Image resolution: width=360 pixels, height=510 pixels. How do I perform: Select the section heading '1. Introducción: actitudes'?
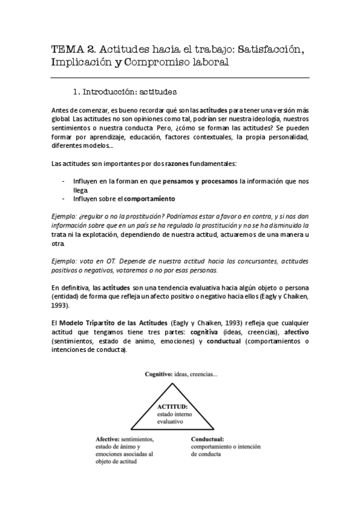click(x=124, y=93)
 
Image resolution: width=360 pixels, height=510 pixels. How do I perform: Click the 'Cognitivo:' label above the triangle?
click(x=157, y=374)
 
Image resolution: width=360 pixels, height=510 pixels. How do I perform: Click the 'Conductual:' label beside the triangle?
click(x=207, y=439)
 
